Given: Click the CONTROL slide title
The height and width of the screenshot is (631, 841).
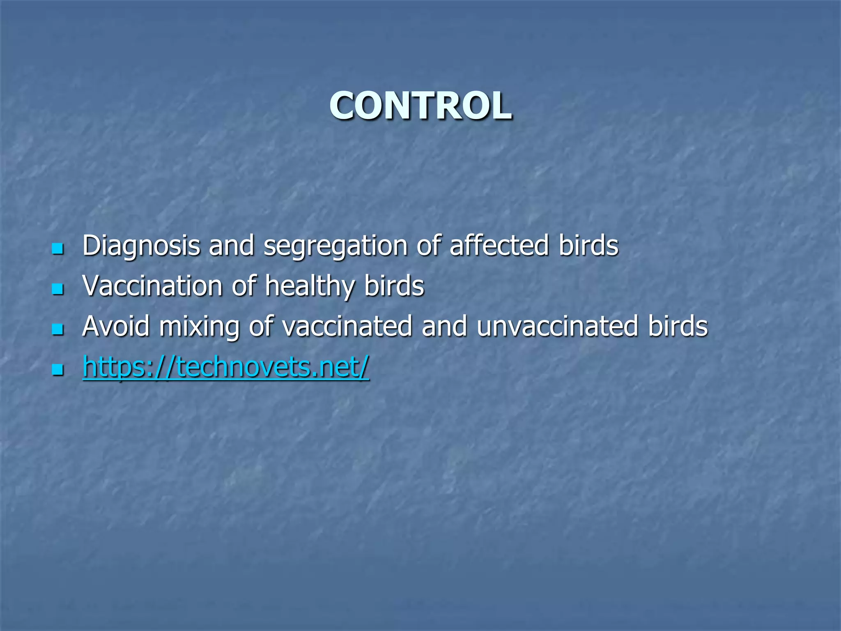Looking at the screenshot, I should tap(420, 106).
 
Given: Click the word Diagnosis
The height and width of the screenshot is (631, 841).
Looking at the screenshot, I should tap(141, 246).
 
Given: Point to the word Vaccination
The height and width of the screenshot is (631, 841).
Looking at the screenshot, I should tap(152, 286).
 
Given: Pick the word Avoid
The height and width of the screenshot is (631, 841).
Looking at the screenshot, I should tap(116, 326).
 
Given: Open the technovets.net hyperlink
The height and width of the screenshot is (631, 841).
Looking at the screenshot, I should tap(226, 366).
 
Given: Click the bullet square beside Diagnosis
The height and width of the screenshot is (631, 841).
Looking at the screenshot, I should tap(58, 249).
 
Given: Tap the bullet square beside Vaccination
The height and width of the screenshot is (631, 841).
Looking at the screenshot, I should tap(58, 289).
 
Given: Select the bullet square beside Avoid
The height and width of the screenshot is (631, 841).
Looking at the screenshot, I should tap(58, 329).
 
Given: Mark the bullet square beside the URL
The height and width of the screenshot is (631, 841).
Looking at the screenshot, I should tap(58, 370).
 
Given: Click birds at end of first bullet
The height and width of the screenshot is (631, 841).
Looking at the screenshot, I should tap(588, 245).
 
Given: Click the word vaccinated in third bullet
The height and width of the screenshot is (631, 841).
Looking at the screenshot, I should tap(347, 326).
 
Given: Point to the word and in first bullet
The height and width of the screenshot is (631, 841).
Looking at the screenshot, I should tap(231, 245).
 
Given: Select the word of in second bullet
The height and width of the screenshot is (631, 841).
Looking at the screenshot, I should tap(244, 286).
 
